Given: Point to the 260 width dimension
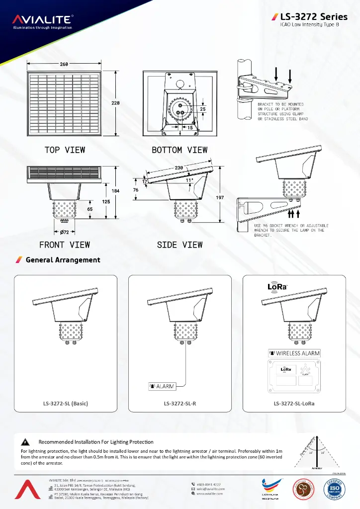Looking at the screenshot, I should [x=64, y=64].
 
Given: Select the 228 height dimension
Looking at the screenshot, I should [x=115, y=103].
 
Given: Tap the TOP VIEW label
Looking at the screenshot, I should [x=65, y=150].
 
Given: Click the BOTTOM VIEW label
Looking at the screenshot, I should [x=180, y=150].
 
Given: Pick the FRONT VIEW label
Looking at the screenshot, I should [x=65, y=245].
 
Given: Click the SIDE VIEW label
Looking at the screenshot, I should [x=180, y=245].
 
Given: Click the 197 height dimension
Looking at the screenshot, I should [x=220, y=198].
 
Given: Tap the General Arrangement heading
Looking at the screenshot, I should [x=63, y=260].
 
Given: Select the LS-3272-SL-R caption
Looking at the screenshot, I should [x=180, y=403].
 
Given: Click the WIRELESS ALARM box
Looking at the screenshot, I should [x=294, y=353].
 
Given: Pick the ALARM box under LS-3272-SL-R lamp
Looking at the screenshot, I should [x=161, y=386].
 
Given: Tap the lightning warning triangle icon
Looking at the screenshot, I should [x=24, y=442].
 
